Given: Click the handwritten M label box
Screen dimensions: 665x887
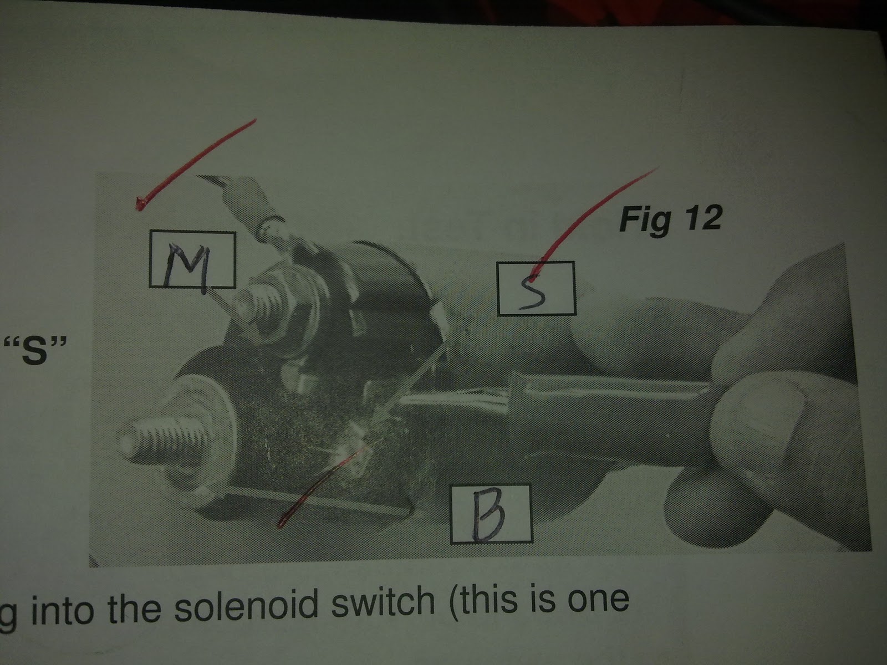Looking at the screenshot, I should coord(192,259).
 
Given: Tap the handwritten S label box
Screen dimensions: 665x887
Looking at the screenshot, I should coord(536,288).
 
